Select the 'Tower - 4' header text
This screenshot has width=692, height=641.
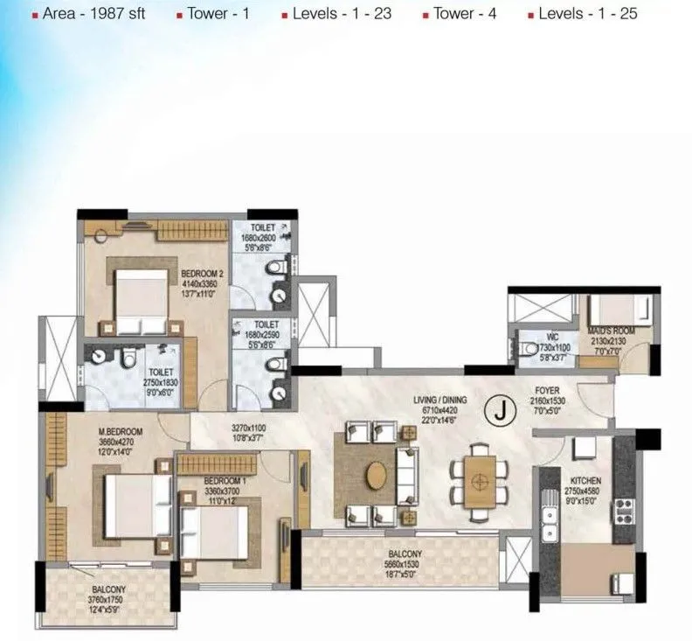pos(460,14)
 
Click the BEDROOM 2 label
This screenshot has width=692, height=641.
pos(202,274)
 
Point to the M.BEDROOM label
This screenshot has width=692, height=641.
pos(120,432)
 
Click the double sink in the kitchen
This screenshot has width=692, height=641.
pos(550,517)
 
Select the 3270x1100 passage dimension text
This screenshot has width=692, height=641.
pos(248,433)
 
